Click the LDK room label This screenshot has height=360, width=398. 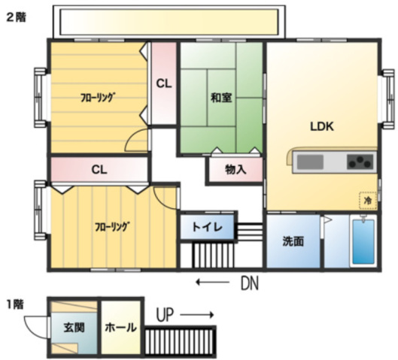[x=322, y=126]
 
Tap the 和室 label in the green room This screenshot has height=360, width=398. [x=221, y=98]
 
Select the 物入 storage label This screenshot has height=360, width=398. [x=235, y=169]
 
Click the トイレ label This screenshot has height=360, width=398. [x=207, y=227]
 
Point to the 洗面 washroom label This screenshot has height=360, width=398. [x=293, y=241]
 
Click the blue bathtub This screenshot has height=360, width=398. [x=363, y=241]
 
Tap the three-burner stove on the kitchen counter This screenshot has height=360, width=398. [x=360, y=162]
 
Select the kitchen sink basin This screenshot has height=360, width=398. [x=310, y=162]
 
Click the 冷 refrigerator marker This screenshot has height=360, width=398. [x=368, y=201]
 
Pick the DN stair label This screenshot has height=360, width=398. [x=250, y=283]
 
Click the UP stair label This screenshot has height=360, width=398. [x=165, y=315]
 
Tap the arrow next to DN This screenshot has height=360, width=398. [x=213, y=282]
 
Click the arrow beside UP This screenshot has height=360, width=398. [x=197, y=315]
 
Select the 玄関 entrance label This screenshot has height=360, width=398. [x=74, y=328]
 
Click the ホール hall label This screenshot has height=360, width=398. [x=121, y=328]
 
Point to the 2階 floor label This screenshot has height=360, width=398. [x=16, y=17]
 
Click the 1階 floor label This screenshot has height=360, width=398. [x=15, y=304]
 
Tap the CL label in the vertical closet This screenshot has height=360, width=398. [x=164, y=83]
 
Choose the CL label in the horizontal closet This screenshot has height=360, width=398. [x=99, y=170]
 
